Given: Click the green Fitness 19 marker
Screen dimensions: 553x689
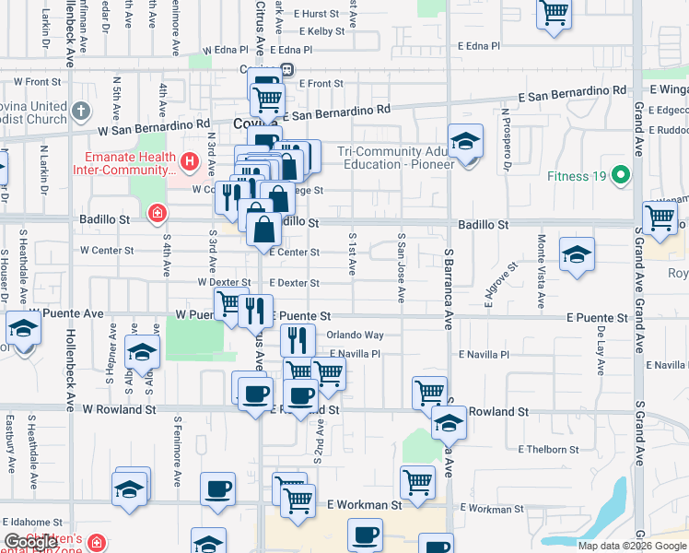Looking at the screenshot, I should [621, 175].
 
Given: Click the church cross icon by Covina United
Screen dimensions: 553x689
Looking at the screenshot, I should [80, 111].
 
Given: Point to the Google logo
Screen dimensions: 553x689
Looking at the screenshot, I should [30, 543].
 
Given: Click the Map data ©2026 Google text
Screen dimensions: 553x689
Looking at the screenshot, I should [632, 546].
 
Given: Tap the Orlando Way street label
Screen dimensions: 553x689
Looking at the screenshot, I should [355, 335].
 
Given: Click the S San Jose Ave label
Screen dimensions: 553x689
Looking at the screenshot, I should [401, 267].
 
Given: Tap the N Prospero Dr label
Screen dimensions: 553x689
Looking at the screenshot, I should [506, 140].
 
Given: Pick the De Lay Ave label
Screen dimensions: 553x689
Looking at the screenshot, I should [600, 350].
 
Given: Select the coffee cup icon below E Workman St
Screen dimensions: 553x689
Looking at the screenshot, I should [365, 535].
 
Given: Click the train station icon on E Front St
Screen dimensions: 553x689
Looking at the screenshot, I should [287, 69].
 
